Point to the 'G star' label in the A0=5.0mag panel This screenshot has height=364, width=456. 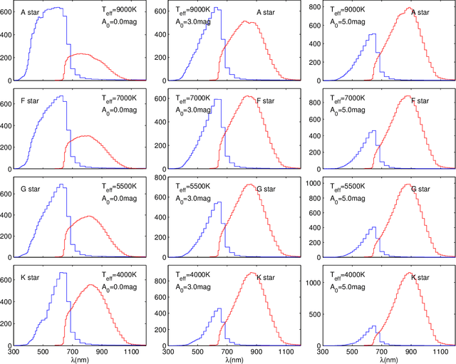420,189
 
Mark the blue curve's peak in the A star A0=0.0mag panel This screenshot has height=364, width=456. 56,8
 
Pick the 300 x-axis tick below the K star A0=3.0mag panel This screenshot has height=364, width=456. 168,352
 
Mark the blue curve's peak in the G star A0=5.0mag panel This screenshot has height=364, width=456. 373,227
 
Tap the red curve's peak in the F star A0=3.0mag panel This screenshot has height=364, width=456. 247,96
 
